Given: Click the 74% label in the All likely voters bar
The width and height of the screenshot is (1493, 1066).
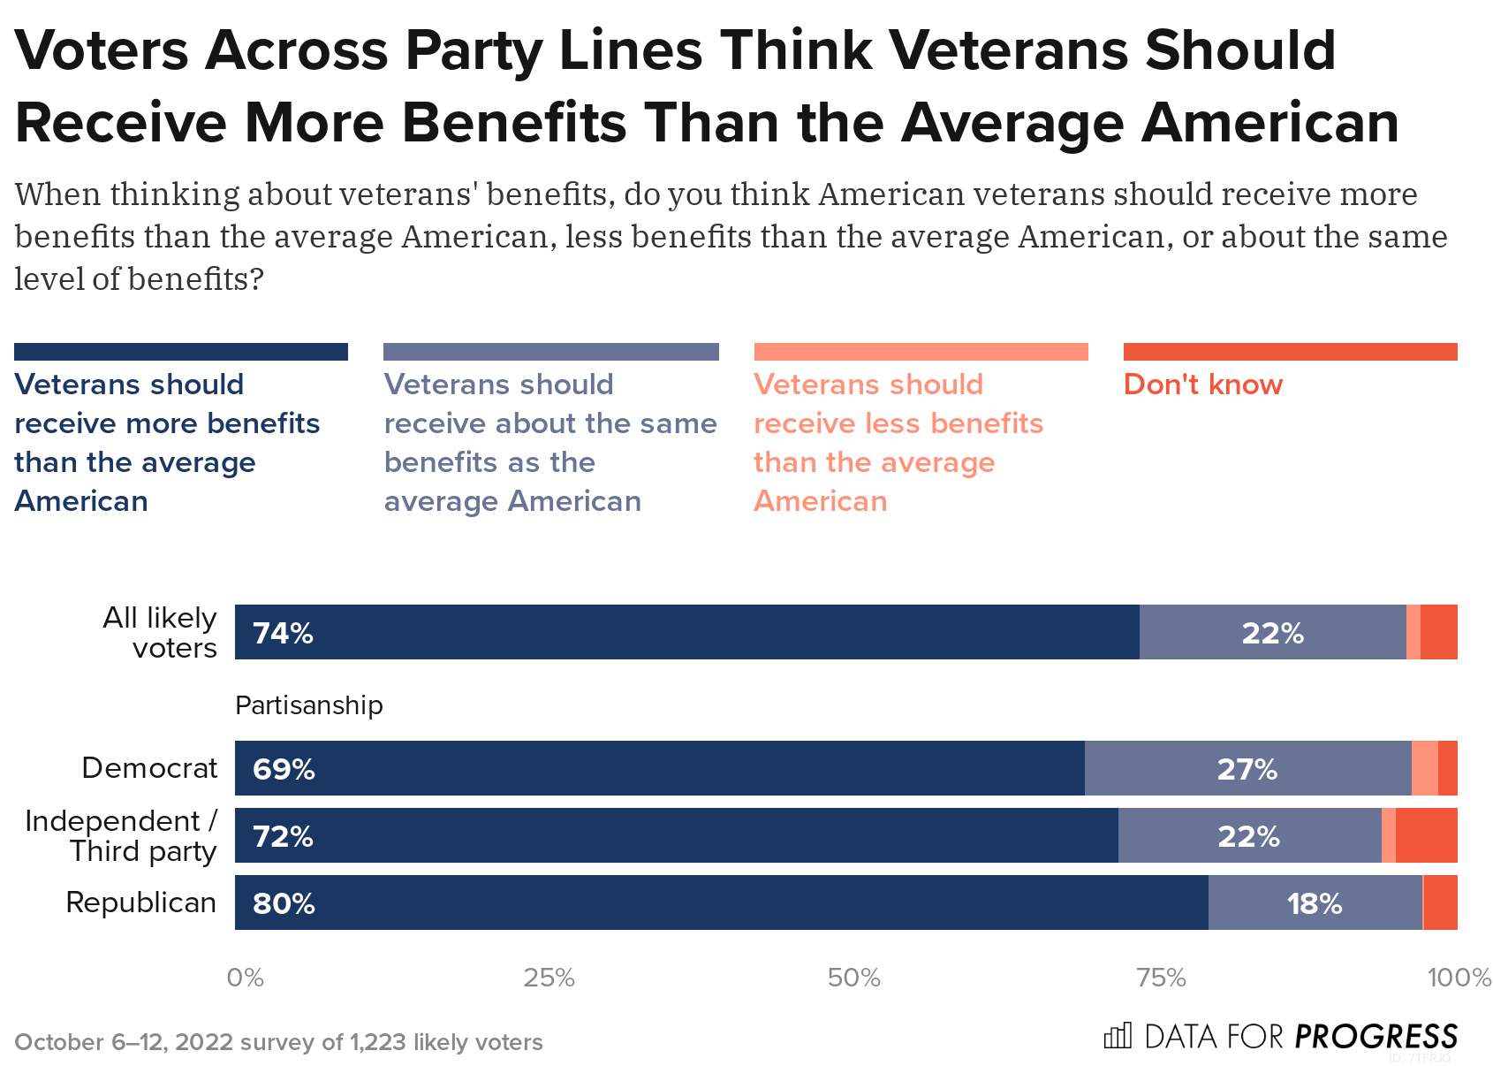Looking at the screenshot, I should coord(283,634).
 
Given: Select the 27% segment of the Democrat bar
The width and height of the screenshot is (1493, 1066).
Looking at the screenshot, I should coord(1247,769).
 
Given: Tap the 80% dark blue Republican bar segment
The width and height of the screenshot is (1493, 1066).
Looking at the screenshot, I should coord(721,902).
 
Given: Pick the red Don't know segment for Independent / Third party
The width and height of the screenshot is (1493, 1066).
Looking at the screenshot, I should coord(1426,835).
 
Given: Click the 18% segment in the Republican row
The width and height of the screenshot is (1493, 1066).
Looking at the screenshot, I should coord(1315,903).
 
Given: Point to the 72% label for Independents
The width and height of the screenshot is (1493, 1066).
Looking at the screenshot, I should coord(283,836).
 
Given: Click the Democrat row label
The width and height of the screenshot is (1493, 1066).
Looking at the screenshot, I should coord(149,768).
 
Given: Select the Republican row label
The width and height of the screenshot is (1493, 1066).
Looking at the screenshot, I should coord(141,902).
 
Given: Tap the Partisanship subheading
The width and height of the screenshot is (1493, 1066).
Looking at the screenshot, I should coord(309,705).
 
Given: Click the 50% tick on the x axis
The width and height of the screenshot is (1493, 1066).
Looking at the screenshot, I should coord(854,978).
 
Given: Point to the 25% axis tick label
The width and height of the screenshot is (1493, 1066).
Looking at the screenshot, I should coord(549,978).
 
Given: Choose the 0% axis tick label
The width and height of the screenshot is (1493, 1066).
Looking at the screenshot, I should coord(245,978).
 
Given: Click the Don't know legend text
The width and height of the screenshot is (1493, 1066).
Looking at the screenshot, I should coord(1202,385).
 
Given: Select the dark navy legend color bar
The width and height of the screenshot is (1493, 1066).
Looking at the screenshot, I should coord(181,352).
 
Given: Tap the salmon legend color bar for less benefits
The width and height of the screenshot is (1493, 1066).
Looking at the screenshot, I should coord(921,352).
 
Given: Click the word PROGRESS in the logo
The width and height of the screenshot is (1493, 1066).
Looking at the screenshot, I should coord(1376,1036).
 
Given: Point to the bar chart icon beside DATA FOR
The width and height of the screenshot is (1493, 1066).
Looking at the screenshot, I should coord(1118,1035).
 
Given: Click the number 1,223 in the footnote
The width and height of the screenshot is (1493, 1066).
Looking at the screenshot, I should coord(378,1042).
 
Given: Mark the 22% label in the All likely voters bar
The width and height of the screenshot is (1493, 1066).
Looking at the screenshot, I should coord(1272,634).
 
